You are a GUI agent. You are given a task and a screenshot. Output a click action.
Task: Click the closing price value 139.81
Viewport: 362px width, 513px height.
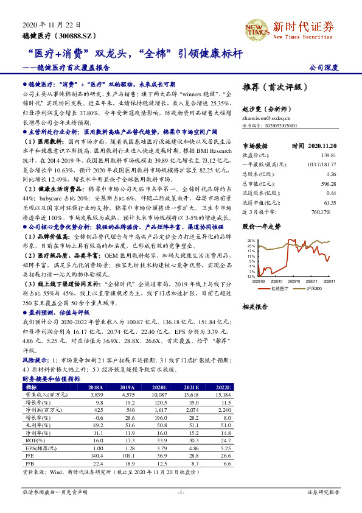point(329,156)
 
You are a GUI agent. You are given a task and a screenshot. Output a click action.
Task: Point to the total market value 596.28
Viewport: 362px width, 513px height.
point(328,183)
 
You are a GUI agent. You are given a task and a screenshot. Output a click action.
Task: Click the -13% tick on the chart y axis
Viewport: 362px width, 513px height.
point(251,276)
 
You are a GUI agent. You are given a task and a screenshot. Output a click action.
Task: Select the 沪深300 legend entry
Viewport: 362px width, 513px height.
point(314,288)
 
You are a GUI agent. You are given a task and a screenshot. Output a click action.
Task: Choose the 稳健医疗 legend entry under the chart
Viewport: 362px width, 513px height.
point(278,288)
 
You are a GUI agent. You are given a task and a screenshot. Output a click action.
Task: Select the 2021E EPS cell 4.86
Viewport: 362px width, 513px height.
point(191,448)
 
